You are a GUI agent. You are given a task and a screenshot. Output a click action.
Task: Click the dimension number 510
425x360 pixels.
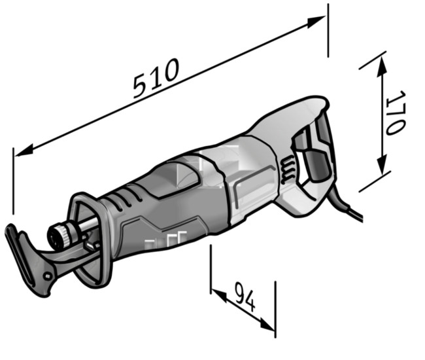[x=157, y=78]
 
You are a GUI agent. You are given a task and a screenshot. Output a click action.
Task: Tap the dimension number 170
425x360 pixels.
[x=396, y=113]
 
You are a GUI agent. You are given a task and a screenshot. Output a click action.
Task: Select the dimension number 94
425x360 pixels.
[x=245, y=297]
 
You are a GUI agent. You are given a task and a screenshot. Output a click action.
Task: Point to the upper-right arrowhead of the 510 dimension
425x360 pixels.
[x=316, y=21]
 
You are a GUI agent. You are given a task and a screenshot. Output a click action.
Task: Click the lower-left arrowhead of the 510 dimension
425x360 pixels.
[x=24, y=151]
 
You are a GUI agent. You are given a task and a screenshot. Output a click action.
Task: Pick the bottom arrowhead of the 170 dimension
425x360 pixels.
[x=382, y=165]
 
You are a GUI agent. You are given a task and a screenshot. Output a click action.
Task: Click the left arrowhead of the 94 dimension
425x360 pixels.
[x=219, y=295]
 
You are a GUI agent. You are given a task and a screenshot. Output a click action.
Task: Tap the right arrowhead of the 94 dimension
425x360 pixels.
[x=267, y=324]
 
